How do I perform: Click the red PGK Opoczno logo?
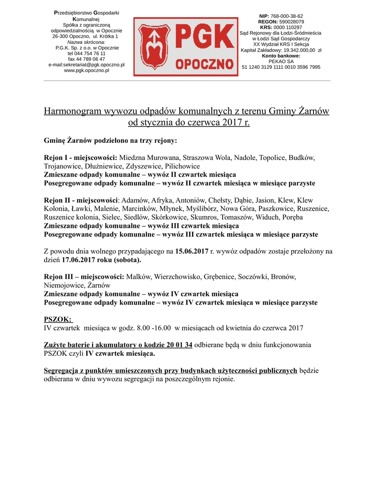185,47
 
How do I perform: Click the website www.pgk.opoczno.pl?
86,70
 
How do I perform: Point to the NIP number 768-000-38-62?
287,16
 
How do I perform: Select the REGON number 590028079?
291,21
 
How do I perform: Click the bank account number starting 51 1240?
281,67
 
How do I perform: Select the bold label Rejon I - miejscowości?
80,158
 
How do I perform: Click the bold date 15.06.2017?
192,251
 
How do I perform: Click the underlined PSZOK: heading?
58,319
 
